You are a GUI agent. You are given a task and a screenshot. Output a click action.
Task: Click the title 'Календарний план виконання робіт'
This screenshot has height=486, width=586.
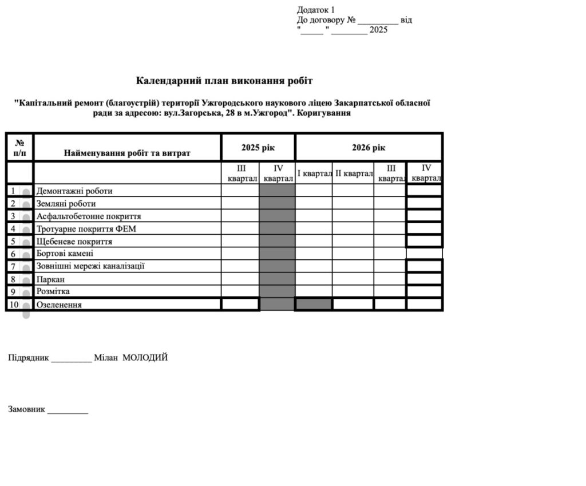tap(224, 81)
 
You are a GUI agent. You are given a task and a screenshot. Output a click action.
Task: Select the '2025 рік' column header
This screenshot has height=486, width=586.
tap(258, 148)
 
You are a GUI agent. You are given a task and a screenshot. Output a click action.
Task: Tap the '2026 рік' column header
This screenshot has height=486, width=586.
tap(369, 148)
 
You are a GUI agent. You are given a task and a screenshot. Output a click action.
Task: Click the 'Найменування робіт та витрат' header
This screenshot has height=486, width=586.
tap(127, 153)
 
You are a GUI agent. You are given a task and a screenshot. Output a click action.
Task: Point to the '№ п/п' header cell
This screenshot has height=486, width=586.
tap(19, 148)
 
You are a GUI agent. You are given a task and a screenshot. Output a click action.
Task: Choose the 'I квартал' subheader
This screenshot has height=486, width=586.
tap(314, 173)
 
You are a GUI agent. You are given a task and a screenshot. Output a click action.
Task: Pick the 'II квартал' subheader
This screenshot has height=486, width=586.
tap(353, 173)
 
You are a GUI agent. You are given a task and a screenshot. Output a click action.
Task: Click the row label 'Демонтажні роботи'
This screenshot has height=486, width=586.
tap(74, 191)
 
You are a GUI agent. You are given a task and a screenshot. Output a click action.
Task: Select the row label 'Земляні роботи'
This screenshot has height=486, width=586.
tap(66, 204)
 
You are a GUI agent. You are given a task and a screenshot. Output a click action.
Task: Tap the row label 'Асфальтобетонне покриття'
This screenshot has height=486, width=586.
tap(89, 216)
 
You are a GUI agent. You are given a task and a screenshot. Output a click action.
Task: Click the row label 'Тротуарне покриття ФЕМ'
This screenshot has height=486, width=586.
tap(86, 229)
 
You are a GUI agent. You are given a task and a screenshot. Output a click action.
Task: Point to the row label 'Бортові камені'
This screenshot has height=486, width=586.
tap(65, 254)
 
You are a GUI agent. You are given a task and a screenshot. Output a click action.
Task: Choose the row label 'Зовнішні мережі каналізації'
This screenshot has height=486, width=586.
tap(90, 266)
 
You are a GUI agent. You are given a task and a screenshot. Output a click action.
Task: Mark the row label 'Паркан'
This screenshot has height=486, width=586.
tap(50, 279)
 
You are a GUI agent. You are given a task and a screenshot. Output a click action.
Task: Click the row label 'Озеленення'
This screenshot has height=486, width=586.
tap(59, 305)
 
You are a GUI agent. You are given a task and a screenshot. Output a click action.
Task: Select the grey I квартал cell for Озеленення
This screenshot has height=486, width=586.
tap(314, 304)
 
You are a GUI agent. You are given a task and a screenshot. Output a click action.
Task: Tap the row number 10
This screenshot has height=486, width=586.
tap(14, 305)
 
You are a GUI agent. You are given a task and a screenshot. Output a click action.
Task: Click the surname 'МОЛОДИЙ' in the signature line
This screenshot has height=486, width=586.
tap(145, 358)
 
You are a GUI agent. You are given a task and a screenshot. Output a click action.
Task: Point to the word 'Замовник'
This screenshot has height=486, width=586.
tap(26, 409)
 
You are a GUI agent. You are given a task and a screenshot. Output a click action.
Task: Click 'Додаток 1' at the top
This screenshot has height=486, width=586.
tap(316, 10)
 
